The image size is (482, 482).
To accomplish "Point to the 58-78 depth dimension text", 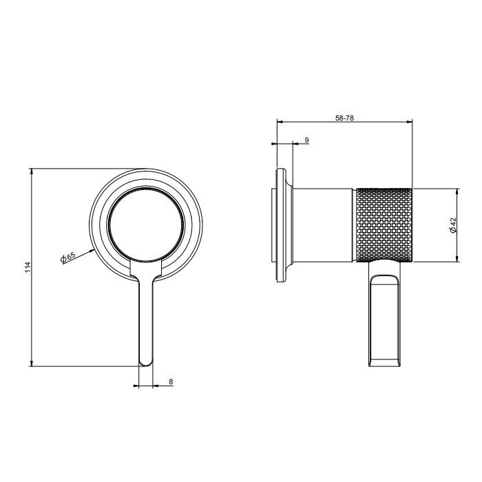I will click(345, 118).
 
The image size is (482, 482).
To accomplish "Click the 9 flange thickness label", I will click(306, 140).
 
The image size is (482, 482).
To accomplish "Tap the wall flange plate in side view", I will click(280, 226).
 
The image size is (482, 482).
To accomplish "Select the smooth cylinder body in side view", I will click(324, 224).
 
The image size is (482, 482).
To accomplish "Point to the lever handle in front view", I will click(145, 317).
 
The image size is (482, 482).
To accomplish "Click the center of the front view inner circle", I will click(145, 226).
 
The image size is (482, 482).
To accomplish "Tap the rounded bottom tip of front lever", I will click(145, 362).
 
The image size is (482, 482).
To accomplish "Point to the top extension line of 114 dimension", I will click(83, 167).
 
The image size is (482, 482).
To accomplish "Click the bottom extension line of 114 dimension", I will click(83, 366).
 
